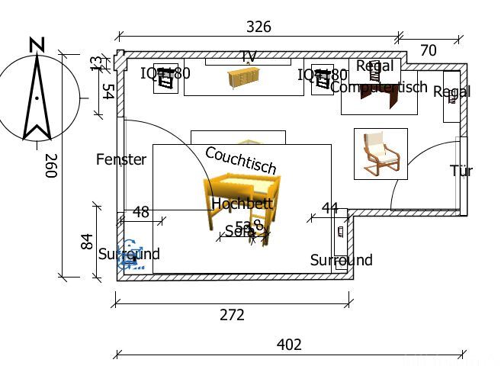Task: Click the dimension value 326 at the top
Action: [x=259, y=27]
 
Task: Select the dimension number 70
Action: [x=429, y=50]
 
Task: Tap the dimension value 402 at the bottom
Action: [x=289, y=345]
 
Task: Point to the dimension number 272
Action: [x=232, y=314]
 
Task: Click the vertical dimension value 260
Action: [x=51, y=165]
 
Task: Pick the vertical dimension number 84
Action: [x=86, y=242]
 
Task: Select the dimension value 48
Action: [x=141, y=212]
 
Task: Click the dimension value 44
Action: [x=329, y=208]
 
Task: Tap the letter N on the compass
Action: [x=36, y=45]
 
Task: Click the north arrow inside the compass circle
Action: [x=35, y=99]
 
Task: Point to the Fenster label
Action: [x=121, y=159]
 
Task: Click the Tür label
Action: [x=461, y=170]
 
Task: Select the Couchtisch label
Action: [x=240, y=160]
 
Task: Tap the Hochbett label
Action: [x=242, y=204]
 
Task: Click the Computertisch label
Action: [x=379, y=87]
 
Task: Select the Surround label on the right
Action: [x=341, y=260]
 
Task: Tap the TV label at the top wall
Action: [x=248, y=56]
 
